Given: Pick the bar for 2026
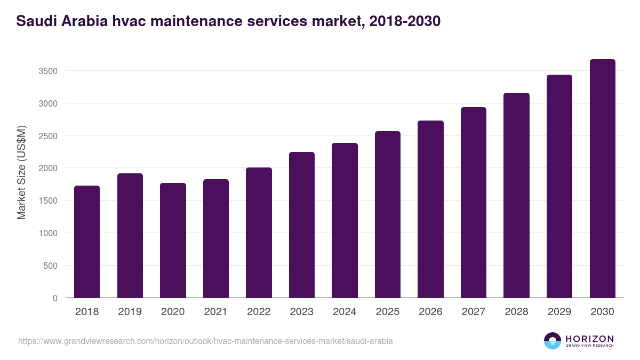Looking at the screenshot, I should point(430,209).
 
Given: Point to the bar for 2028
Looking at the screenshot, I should point(516,195).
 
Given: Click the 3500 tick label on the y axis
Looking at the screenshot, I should point(47,71).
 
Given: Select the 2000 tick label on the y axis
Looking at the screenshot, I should point(47,169).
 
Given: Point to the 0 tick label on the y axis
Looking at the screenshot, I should point(55,298).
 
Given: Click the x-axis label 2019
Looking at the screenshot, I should point(130,312).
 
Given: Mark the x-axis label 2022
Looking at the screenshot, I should point(259,312).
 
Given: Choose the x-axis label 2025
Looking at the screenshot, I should point(387,312).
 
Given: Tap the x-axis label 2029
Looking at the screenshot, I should point(559,312).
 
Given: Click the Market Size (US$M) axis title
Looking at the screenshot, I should point(21,172).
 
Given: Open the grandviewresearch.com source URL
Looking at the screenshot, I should point(205,341).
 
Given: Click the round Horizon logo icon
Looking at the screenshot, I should point(553,341).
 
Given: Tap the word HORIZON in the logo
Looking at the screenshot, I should point(589,338).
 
